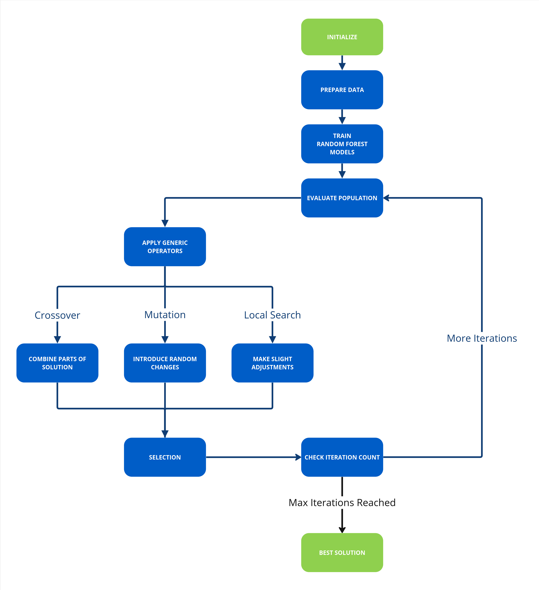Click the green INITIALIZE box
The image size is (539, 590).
pyautogui.click(x=342, y=37)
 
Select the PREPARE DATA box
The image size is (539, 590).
pyautogui.click(x=342, y=90)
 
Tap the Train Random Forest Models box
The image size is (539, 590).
pyautogui.click(x=342, y=144)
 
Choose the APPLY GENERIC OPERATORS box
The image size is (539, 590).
pyautogui.click(x=165, y=247)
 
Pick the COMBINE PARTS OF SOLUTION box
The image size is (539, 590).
pyautogui.click(x=57, y=363)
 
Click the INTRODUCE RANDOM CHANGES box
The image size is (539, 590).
pyautogui.click(x=165, y=363)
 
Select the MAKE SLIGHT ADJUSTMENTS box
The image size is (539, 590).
pyautogui.click(x=272, y=363)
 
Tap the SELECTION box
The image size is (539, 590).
pyautogui.click(x=165, y=457)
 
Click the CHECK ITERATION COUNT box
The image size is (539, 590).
pyautogui.click(x=342, y=457)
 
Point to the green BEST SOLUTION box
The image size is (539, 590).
pyautogui.click(x=342, y=552)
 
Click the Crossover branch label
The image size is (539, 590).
pyautogui.click(x=57, y=315)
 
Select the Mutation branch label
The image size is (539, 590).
pyautogui.click(x=165, y=315)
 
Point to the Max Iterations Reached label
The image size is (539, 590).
pyautogui.click(x=342, y=503)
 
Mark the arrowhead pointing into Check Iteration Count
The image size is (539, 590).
pyautogui.click(x=298, y=457)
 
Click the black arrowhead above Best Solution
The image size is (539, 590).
pyautogui.click(x=342, y=530)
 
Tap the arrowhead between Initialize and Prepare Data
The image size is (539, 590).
pyautogui.click(x=342, y=66)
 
